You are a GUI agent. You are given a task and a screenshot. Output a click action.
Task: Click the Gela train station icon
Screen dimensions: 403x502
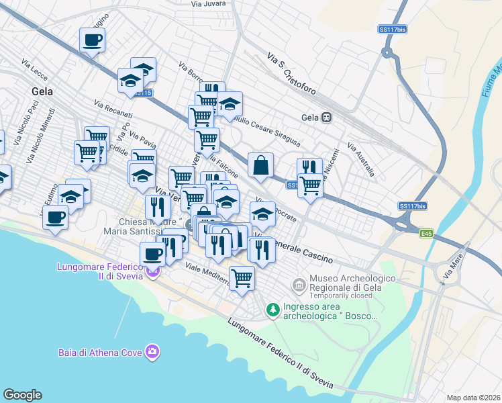tap(327, 117)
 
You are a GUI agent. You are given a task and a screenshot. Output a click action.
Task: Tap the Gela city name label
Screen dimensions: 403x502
tap(42, 92)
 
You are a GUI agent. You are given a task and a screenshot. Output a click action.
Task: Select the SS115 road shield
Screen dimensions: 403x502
tap(142, 93)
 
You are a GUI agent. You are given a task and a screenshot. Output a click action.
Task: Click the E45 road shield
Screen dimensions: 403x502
tap(425, 233)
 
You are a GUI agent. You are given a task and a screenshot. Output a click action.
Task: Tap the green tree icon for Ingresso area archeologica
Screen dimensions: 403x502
tap(272, 309)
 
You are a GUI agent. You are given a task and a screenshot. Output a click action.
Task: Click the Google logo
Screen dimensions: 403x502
tap(22, 395)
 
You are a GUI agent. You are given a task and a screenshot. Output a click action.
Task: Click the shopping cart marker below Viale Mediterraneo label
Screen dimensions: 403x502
tap(242, 276)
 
